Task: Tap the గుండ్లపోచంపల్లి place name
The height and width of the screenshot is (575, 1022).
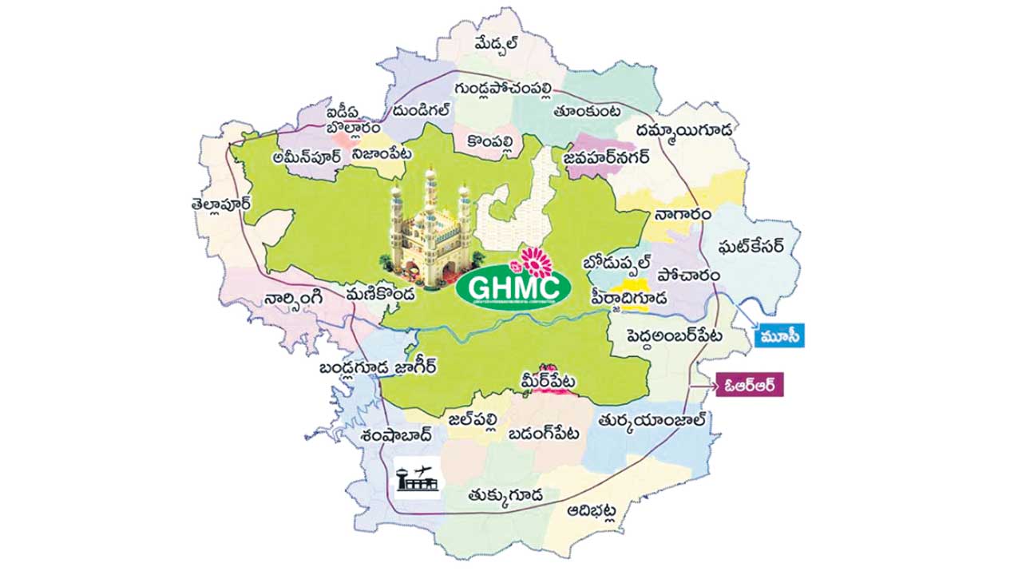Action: click(x=503, y=86)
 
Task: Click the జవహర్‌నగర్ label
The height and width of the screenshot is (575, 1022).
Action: click(x=607, y=158)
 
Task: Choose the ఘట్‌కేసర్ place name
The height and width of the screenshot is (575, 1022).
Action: click(x=747, y=244)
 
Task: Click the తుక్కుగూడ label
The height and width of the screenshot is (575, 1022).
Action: click(x=506, y=496)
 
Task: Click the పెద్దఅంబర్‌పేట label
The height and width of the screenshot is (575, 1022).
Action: click(x=675, y=335)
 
